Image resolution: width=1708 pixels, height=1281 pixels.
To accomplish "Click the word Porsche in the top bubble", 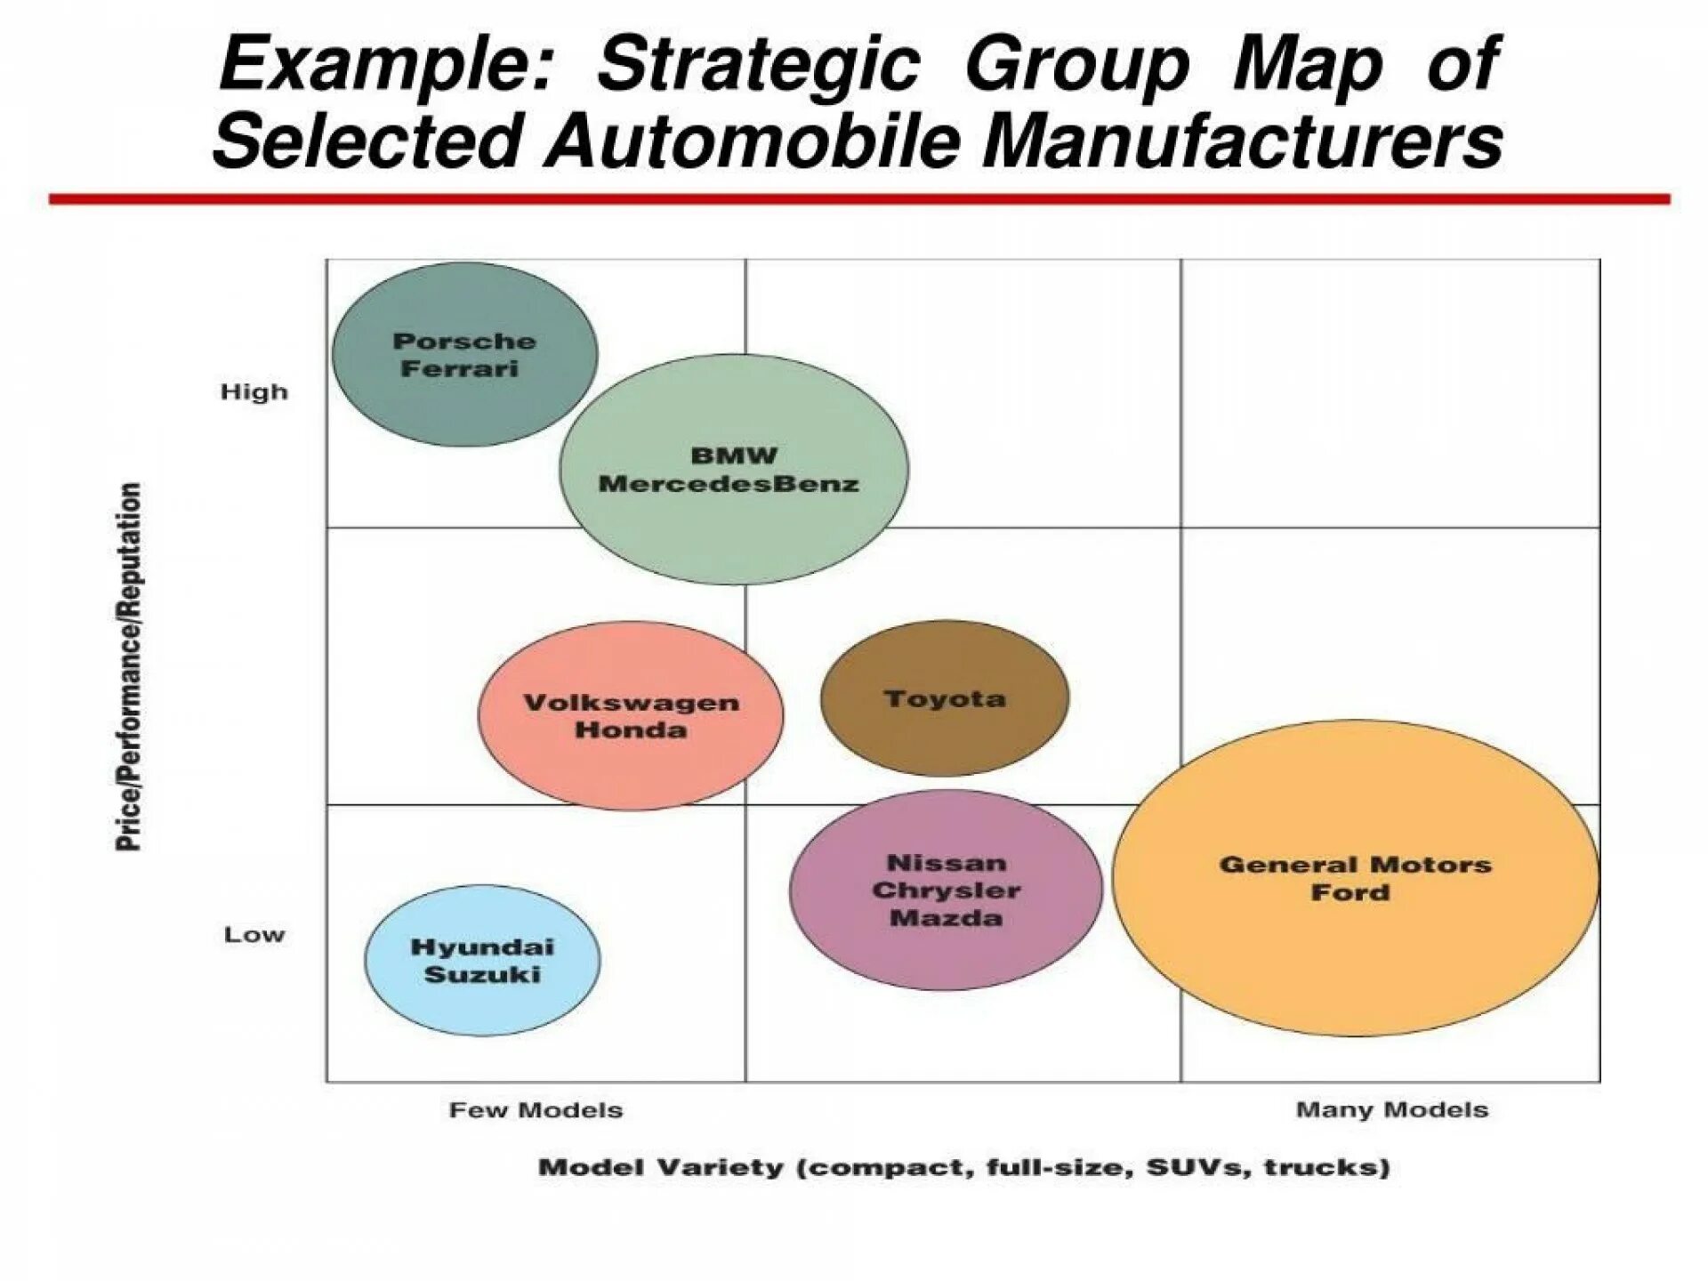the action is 464,342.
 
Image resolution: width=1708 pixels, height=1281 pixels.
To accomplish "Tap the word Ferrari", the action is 459,369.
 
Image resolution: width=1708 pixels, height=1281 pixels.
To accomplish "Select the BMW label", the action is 734,456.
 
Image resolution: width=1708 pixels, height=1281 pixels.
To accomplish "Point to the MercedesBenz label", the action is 729,485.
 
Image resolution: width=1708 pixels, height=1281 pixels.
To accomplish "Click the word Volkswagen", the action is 631,703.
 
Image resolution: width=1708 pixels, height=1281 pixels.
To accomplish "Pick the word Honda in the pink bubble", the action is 631,730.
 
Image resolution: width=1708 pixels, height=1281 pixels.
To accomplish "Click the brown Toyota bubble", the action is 945,699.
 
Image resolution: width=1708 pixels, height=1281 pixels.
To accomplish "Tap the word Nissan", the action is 947,863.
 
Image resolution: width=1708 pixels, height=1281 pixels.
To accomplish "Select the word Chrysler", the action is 947,890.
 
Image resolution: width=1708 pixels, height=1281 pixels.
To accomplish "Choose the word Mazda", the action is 947,918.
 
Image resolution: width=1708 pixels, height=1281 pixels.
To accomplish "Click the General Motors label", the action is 1355,865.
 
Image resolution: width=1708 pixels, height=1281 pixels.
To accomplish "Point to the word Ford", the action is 1349,892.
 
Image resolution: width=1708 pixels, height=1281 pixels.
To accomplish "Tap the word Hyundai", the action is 482,947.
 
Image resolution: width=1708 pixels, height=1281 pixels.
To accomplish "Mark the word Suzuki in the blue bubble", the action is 482,975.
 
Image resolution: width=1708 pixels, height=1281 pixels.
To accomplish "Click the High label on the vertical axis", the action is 254,392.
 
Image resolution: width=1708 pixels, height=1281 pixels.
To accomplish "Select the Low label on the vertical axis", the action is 254,935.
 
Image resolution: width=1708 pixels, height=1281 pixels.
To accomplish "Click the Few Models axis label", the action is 536,1110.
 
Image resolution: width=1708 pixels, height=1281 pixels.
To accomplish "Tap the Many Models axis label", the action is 1392,1110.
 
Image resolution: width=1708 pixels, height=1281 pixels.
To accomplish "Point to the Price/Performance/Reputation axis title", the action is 129,666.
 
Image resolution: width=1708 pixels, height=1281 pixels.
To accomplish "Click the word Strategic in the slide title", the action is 758,64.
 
